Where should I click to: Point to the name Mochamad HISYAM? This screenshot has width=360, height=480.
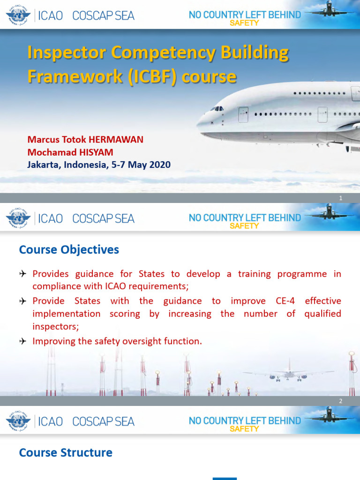[70, 152]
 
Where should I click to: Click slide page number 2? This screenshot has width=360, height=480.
[341, 401]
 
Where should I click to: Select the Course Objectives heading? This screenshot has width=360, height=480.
[69, 250]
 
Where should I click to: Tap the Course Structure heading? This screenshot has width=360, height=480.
[66, 453]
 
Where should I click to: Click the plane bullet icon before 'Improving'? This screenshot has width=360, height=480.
[23, 341]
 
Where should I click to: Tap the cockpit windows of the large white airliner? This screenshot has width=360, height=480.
[217, 108]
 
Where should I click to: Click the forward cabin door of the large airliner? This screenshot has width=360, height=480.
[243, 114]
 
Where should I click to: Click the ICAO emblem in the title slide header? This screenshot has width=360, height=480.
[18, 16]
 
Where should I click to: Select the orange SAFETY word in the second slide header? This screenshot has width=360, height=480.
[244, 226]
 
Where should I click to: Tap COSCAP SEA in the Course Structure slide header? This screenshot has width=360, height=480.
[103, 421]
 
